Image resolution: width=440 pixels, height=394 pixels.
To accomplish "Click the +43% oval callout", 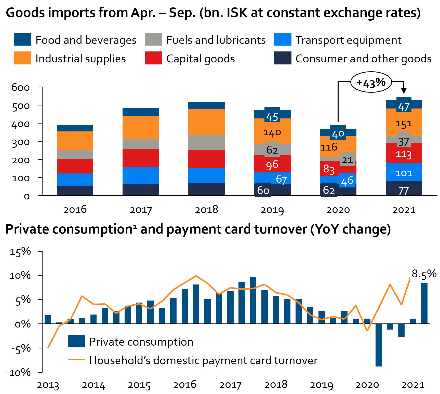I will click(x=371, y=82).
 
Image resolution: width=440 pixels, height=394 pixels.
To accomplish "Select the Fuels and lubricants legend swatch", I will click(x=153, y=39).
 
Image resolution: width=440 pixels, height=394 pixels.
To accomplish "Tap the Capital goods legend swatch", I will click(x=153, y=58).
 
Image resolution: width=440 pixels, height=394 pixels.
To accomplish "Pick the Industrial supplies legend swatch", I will click(x=23, y=58).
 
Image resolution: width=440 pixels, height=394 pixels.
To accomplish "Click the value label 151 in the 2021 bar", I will click(x=404, y=124).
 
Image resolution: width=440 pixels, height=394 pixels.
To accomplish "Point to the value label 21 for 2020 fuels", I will click(x=347, y=160).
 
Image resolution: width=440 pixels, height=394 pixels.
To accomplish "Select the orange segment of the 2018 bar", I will click(x=206, y=122).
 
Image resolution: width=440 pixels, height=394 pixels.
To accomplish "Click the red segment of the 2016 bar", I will click(x=75, y=166).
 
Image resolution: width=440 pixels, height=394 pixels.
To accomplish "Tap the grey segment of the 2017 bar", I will click(x=141, y=144).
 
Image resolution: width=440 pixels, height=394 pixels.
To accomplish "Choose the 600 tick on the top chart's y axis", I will click(x=21, y=87).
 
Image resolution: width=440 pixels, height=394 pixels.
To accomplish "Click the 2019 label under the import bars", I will click(x=272, y=210).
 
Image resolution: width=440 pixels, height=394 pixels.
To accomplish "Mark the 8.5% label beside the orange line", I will click(x=424, y=274).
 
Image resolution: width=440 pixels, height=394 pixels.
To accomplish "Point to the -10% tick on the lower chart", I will click(x=18, y=373).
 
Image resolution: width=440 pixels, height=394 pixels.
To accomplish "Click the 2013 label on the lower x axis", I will click(x=48, y=385).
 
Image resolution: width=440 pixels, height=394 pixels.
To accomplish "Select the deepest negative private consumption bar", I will click(x=378, y=345).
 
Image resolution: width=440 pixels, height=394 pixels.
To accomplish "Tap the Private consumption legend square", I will click(x=76, y=341).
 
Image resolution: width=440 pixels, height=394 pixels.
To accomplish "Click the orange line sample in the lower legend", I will click(x=76, y=360).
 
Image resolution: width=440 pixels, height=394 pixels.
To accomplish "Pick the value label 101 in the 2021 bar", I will click(x=404, y=173).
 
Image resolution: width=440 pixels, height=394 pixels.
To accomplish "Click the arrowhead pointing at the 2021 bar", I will click(x=404, y=91).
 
